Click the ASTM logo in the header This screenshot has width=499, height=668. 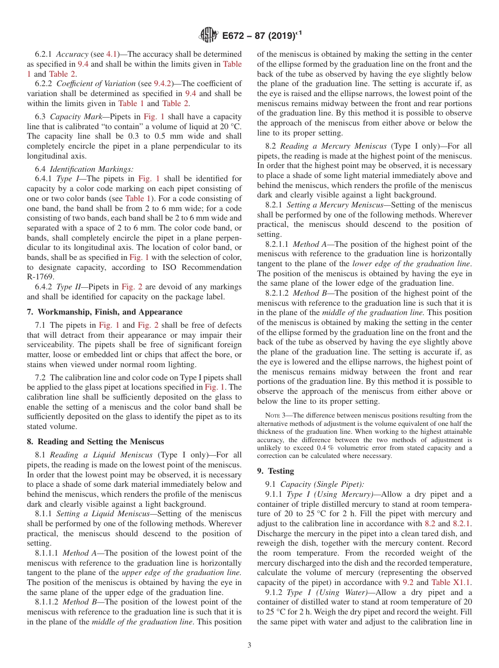209,36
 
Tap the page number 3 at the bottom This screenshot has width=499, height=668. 250,645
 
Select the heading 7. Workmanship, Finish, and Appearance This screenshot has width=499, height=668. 105,311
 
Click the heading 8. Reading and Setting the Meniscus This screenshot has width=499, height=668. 96,442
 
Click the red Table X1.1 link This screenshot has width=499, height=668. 451,582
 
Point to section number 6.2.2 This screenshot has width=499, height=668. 44,84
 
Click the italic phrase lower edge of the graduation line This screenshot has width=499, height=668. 411,264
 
